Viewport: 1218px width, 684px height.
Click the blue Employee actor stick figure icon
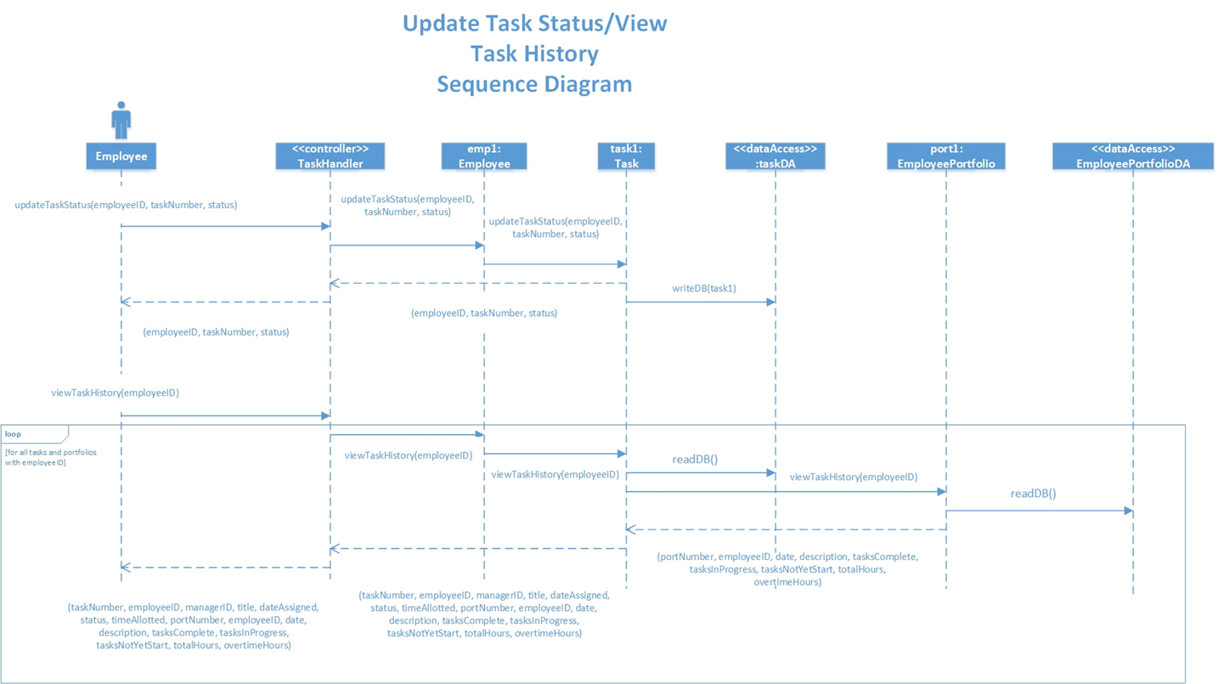point(121,121)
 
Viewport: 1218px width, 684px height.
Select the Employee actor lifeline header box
point(121,156)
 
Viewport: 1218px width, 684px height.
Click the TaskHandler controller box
point(330,156)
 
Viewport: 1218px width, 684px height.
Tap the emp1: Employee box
point(484,156)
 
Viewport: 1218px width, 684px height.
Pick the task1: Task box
point(626,156)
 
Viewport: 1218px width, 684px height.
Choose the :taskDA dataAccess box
point(775,156)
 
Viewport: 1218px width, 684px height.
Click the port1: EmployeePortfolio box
point(945,156)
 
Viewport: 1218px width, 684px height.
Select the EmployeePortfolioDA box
point(1132,156)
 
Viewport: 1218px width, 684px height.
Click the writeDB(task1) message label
point(704,288)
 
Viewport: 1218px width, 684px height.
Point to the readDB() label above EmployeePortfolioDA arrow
point(1033,494)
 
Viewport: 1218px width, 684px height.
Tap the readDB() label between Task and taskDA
point(695,460)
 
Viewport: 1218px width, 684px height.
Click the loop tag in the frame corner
point(14,434)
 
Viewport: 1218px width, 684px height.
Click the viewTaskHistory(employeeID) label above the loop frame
point(115,393)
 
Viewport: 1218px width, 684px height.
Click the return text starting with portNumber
point(787,569)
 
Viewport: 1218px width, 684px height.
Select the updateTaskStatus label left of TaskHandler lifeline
point(126,205)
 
